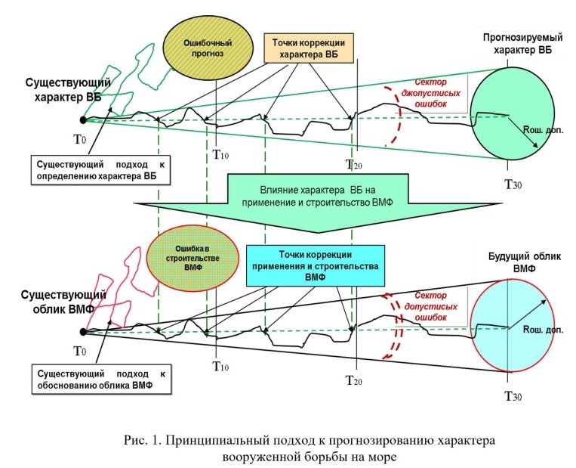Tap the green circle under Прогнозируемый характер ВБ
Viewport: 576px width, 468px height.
[x=507, y=113]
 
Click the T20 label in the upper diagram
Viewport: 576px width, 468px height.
[x=353, y=165]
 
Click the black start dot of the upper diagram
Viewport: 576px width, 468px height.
[x=83, y=119]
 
